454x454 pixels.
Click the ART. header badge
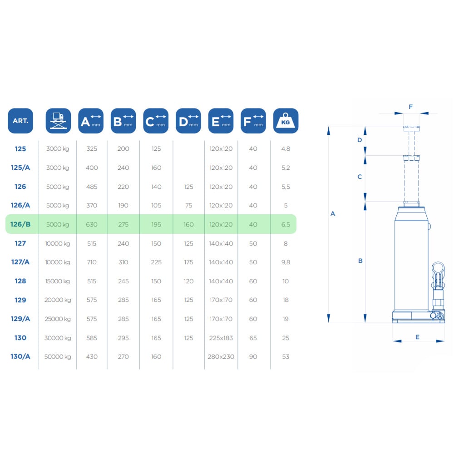pos(20,121)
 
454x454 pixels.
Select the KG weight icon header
pos(286,121)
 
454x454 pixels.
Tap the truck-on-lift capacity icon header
pos(58,121)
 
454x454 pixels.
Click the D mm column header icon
pos(188,121)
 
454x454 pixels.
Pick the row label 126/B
pos(20,224)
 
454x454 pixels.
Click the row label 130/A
pos(20,356)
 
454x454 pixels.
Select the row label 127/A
pos(20,262)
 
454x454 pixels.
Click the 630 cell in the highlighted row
pos(92,224)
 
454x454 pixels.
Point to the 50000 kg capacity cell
pos(58,357)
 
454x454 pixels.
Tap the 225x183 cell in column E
pos(221,338)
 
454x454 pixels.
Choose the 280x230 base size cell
pos(221,357)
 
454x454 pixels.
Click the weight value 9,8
pos(286,262)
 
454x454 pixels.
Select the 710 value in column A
pos(92,262)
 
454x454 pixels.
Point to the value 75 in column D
pos(188,206)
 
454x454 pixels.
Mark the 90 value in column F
pos(253,357)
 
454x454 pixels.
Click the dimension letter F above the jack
pos(410,107)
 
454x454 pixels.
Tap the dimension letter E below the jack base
pos(417,337)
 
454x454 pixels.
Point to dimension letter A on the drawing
pos(333,214)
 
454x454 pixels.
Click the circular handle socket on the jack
pos(438,269)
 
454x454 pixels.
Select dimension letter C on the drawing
pos(360,177)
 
